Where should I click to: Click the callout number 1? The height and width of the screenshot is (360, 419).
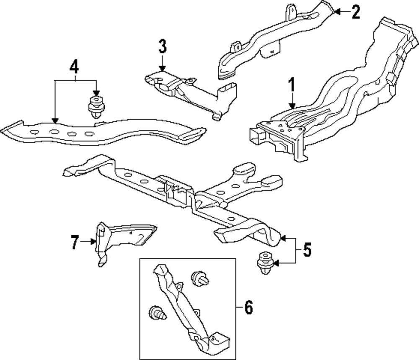click(x=291, y=85)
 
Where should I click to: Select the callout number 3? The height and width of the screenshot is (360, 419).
click(x=163, y=47)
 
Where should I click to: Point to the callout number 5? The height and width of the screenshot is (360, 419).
click(x=307, y=250)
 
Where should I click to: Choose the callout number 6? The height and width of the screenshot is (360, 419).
click(x=248, y=309)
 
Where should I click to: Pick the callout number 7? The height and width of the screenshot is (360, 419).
click(x=75, y=242)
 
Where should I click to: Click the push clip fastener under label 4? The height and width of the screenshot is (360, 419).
click(x=96, y=107)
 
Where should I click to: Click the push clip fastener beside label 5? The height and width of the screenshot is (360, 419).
click(x=264, y=263)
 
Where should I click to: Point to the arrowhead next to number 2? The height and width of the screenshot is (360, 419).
click(x=338, y=12)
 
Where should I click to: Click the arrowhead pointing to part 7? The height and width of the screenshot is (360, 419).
click(x=93, y=241)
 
